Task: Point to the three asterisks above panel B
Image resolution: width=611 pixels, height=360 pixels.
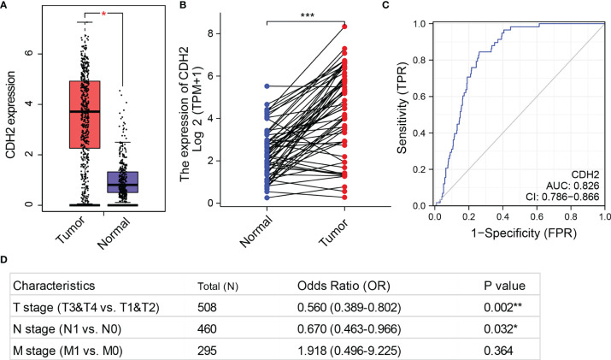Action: coord(305,15)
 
